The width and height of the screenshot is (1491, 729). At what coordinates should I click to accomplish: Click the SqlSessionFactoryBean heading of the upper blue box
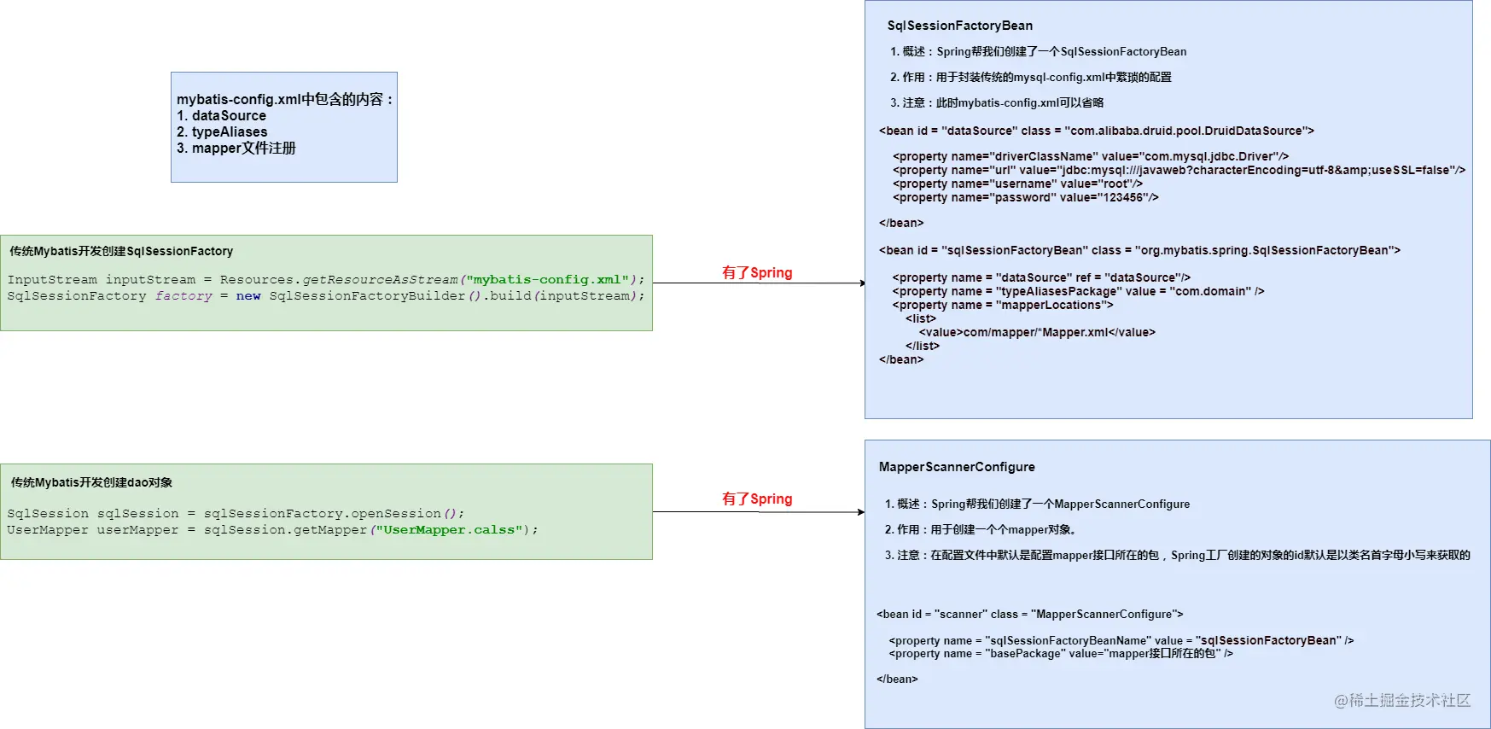coord(959,26)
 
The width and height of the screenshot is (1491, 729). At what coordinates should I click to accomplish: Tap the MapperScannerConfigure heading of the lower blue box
coord(957,467)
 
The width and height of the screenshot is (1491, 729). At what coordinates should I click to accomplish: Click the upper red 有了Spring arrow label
coord(757,273)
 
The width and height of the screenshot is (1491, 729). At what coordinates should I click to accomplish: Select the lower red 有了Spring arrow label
coord(757,499)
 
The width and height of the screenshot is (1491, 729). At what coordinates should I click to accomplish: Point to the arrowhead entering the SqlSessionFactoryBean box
coord(862,283)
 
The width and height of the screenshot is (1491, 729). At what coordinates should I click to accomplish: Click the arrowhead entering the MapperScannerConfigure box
coord(862,512)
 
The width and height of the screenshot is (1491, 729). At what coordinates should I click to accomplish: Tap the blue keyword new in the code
coord(248,296)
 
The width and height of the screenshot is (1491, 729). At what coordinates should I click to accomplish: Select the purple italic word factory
coord(183,296)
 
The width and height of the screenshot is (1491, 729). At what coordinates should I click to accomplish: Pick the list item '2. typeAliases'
coord(222,132)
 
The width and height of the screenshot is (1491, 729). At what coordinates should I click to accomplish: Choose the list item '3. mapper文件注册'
coord(236,149)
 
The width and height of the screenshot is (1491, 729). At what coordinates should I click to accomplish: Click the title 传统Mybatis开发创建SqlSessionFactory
coord(121,251)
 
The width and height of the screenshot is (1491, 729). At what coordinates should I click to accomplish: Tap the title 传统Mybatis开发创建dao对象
coord(91,482)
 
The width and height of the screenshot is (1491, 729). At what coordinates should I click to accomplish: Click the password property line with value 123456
coord(1026,197)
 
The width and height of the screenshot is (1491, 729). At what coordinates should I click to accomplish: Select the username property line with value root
coord(1017,184)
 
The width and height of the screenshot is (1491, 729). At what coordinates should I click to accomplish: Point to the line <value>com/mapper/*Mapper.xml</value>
coord(1037,332)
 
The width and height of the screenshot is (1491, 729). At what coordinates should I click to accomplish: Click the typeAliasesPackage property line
coord(1079,291)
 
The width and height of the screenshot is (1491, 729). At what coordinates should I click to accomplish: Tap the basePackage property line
coord(1061,654)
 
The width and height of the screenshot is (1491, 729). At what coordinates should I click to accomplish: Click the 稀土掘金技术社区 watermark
coord(1402,701)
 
